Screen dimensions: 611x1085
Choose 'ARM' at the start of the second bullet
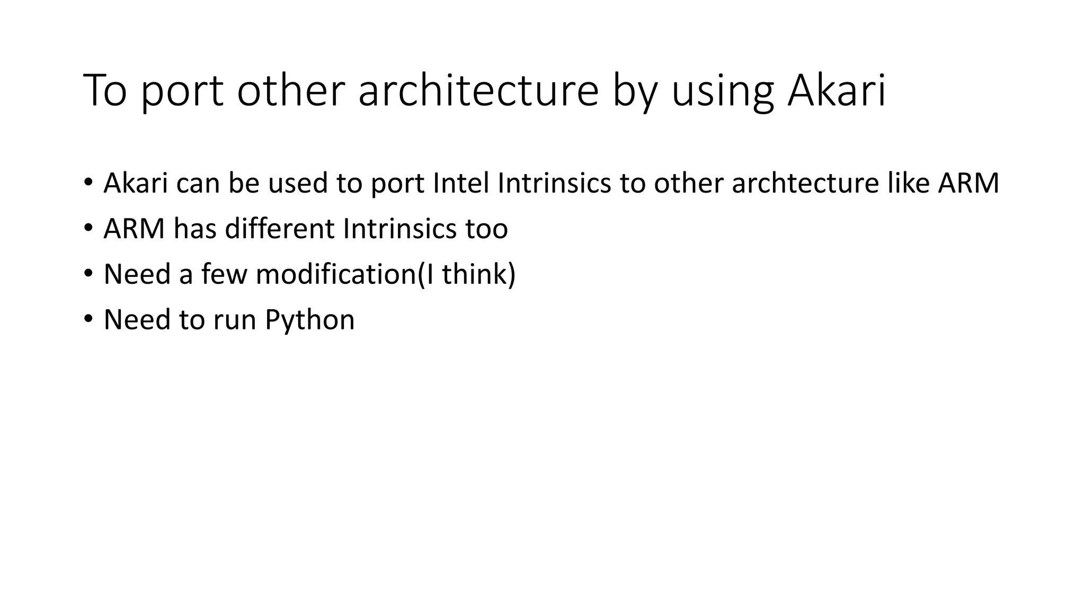click(x=134, y=229)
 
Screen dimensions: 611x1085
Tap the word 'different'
click(x=280, y=229)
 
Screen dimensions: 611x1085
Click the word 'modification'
click(x=335, y=274)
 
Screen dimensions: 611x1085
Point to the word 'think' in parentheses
click(x=475, y=274)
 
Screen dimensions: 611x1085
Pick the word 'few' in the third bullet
click(x=224, y=274)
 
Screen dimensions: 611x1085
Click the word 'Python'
click(x=309, y=320)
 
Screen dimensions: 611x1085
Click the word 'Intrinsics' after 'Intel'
click(x=554, y=183)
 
